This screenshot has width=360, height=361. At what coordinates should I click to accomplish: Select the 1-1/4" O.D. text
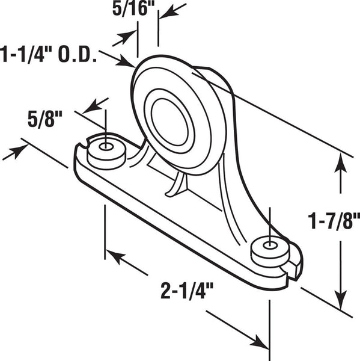(x=48, y=55)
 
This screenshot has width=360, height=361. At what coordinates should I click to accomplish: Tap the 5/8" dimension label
(x=45, y=119)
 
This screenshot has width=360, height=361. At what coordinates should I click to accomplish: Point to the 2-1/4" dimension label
(x=187, y=291)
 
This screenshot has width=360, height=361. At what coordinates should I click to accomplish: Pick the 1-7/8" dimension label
(x=334, y=221)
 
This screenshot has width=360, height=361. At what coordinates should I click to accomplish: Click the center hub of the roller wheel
(x=169, y=122)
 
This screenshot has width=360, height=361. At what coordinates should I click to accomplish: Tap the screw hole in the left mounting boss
(x=106, y=146)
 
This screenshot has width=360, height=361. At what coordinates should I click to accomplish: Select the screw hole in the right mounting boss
(x=270, y=245)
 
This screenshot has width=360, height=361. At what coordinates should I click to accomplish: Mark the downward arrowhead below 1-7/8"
(x=340, y=300)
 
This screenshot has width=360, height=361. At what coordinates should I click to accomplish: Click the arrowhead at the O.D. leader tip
(x=126, y=62)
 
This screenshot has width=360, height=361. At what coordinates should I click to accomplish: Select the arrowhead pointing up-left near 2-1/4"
(x=115, y=256)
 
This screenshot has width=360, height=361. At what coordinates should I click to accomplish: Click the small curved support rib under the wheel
(x=177, y=185)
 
